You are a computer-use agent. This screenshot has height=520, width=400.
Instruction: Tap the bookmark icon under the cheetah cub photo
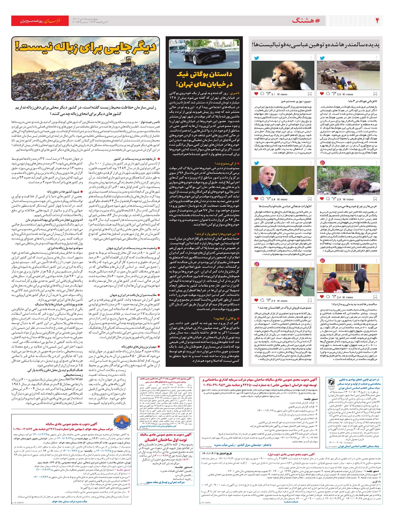[x=309, y=94]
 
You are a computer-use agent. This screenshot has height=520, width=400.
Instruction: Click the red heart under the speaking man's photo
[x=256, y=199]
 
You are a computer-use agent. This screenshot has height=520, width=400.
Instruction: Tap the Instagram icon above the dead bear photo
[x=322, y=163]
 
